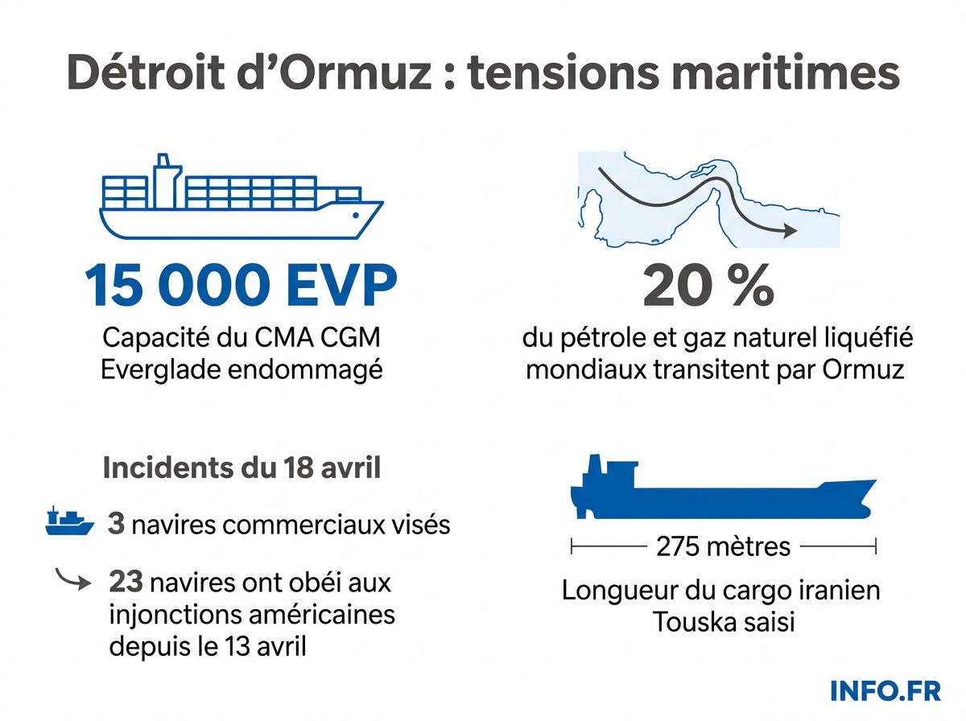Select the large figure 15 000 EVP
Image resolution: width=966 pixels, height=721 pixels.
coord(242,286)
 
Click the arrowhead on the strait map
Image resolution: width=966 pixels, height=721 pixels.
coord(789,231)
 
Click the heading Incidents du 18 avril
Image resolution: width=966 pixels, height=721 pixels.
coord(242,468)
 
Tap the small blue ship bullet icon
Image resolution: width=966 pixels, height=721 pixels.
coord(70,523)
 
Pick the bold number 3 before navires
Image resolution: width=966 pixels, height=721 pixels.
coord(116,525)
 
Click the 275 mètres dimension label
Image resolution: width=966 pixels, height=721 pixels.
coord(723,547)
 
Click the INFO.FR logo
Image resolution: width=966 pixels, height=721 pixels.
coord(885,690)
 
